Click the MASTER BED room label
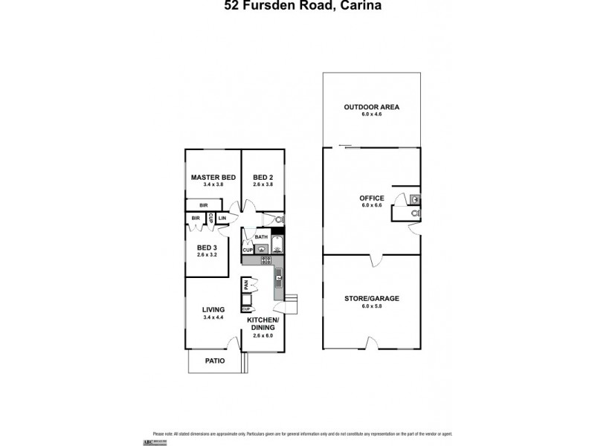point(213,177)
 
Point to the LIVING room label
point(213,311)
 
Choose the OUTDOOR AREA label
point(371,107)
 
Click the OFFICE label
point(371,198)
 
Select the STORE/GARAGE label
point(371,298)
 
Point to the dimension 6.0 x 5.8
point(371,306)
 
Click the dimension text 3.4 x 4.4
point(213,318)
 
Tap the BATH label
point(261,237)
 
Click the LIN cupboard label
point(222,218)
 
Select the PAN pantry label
point(245,285)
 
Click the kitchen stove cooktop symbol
point(266,260)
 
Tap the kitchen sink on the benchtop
point(279,279)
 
